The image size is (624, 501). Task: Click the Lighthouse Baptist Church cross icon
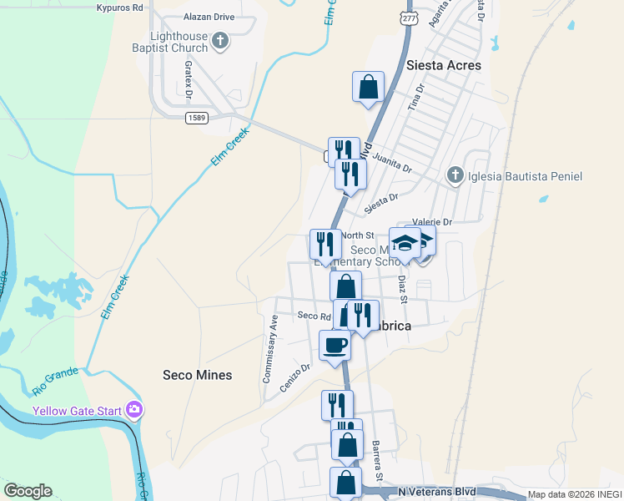click(x=220, y=41)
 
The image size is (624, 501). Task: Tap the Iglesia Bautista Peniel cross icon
click(x=455, y=175)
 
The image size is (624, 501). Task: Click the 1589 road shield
click(x=196, y=118)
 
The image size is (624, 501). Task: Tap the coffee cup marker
click(x=335, y=345)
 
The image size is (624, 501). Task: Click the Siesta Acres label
click(x=443, y=65)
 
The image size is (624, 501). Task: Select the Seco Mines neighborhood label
click(x=197, y=375)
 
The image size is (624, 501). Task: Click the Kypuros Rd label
click(x=120, y=8)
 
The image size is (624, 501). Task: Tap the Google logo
click(x=28, y=491)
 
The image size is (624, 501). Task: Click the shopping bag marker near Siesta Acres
click(x=369, y=87)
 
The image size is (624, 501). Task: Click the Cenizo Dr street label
click(x=296, y=378)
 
